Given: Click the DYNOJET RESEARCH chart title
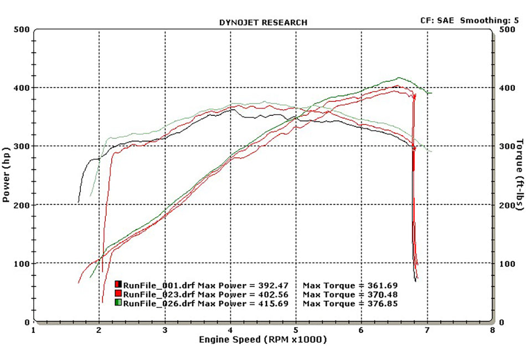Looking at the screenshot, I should point(263,23).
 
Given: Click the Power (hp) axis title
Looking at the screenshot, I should point(6,174).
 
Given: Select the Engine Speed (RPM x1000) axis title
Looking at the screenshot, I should point(262,339).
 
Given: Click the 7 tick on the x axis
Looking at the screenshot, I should point(427,331).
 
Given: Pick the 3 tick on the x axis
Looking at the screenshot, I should point(165,331).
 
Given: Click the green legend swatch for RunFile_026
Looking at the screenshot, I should point(118,303).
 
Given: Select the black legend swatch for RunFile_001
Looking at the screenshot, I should point(118,285).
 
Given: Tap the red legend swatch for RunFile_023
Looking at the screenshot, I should point(118,294).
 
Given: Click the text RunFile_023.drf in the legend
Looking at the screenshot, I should point(151,295).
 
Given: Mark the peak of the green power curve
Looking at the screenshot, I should point(399,78).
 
